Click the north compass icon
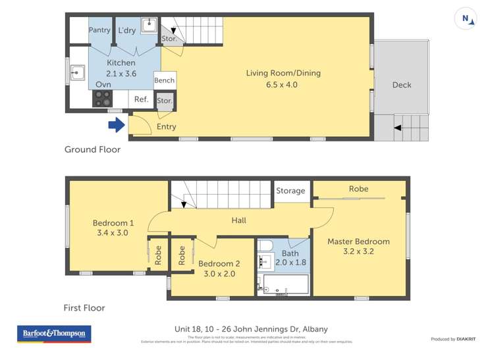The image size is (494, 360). click(x=466, y=19)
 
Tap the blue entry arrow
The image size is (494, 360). click(x=116, y=124)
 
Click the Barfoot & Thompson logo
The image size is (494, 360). click(x=54, y=334)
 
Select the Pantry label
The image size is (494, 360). click(x=99, y=30)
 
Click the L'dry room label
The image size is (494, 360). click(x=127, y=30)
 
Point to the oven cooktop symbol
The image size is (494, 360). click(x=103, y=99)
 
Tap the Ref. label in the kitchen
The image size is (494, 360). click(x=140, y=99)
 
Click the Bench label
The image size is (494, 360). click(x=164, y=80)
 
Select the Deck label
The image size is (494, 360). click(x=401, y=84)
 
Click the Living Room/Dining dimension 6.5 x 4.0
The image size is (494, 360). click(x=283, y=84)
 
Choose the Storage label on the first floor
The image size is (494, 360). click(x=290, y=191)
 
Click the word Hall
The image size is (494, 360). click(x=239, y=220)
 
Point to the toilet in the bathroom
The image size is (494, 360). click(x=265, y=246)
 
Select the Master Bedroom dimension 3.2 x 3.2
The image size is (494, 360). click(x=358, y=252)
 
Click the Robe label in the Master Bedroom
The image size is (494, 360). click(x=358, y=189)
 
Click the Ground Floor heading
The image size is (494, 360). click(x=92, y=149)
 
